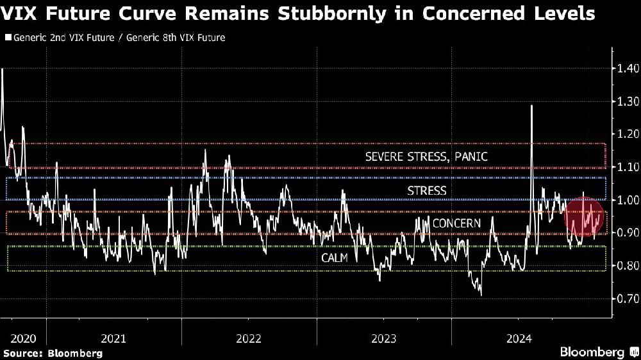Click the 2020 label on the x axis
(24, 338)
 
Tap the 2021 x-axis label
(114, 338)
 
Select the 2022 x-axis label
(249, 338)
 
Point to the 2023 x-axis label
(383, 338)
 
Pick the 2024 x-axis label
(519, 338)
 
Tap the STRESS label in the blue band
(426, 190)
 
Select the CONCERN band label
(456, 223)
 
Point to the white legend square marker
(7, 38)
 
